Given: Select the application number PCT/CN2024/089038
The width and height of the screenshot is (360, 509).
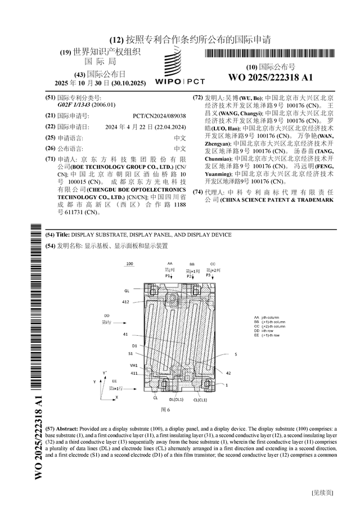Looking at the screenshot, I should click(x=159, y=115).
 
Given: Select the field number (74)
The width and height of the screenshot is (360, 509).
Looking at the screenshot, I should click(x=197, y=192).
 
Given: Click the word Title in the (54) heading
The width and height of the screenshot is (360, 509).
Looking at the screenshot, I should click(x=64, y=235).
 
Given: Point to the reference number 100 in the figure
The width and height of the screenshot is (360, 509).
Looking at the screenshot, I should click(x=129, y=264).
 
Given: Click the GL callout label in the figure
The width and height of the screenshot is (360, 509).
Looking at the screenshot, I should click(x=128, y=291).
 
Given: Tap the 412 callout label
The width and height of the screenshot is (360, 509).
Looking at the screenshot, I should click(x=126, y=302).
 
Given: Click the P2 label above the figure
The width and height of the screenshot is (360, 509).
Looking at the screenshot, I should click(x=191, y=276).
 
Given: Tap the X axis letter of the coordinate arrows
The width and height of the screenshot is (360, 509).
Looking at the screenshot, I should click(x=116, y=397).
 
